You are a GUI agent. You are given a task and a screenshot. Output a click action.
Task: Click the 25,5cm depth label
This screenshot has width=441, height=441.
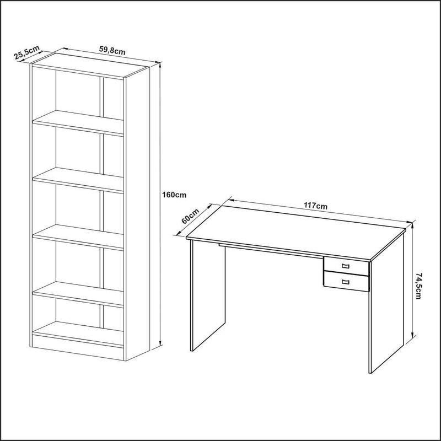27,52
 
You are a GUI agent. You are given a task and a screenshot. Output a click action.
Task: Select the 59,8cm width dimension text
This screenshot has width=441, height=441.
112,50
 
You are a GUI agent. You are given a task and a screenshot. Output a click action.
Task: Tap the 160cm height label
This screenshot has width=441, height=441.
174,195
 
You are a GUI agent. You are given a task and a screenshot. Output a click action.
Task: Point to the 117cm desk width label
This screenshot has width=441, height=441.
315,206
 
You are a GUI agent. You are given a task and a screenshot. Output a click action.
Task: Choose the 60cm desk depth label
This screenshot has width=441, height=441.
190,216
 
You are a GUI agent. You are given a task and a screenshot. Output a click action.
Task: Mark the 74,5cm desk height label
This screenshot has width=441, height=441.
418,286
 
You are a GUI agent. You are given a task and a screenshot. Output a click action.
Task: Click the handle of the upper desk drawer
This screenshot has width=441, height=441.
346,266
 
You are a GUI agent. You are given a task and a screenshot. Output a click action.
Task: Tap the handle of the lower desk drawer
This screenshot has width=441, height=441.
346,282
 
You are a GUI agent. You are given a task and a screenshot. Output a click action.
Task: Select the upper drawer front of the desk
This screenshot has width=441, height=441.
346,266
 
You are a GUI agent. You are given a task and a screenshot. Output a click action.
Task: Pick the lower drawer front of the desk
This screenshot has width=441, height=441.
346,281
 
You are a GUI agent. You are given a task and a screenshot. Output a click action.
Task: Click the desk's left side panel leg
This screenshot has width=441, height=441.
208,295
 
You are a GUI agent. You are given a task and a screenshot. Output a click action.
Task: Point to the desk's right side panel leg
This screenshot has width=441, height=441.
387,302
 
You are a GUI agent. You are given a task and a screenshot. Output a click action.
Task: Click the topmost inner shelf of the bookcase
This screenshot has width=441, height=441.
78,122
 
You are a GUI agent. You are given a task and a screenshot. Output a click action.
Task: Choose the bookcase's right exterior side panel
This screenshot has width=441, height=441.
137,214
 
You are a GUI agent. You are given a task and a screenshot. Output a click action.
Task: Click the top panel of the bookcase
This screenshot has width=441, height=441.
90,65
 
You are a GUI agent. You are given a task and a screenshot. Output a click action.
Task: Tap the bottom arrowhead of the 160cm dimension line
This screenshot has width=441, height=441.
160,343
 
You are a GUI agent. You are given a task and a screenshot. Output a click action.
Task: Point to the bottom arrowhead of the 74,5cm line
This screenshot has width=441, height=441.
412,334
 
